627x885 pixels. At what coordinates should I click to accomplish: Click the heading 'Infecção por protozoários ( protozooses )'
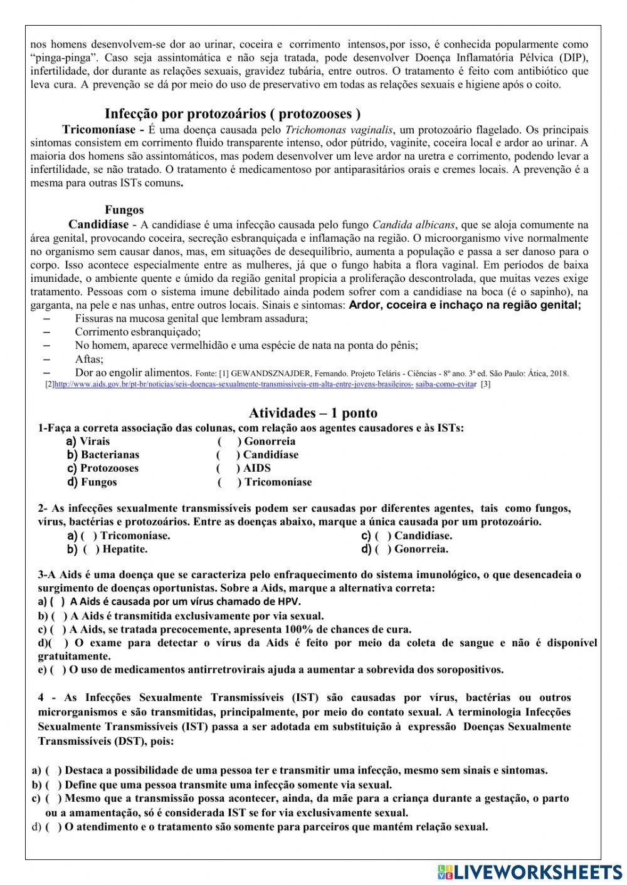(232, 114)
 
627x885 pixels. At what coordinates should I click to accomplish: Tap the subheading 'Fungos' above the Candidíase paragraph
(124, 210)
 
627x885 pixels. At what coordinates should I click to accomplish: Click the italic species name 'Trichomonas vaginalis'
(339, 130)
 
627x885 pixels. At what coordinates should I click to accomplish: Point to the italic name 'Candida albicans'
(414, 224)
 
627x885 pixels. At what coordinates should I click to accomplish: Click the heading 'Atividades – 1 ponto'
(313, 413)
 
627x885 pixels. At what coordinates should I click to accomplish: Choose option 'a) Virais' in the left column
(88, 442)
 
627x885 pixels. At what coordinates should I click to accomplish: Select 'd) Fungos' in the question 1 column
(92, 482)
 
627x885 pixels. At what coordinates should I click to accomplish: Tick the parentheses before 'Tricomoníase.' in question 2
(88, 536)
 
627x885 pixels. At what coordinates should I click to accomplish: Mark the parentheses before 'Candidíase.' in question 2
(382, 536)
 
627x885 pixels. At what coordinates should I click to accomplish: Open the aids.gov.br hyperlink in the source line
(232, 385)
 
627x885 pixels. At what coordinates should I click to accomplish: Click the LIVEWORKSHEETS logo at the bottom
(530, 872)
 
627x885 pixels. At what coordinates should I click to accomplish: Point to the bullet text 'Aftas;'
(89, 360)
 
